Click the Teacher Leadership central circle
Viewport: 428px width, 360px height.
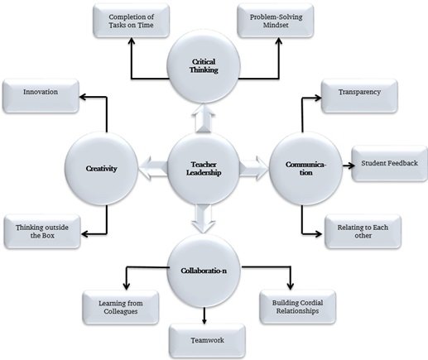click(204, 169)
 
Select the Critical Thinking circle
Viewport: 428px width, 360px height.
click(204, 66)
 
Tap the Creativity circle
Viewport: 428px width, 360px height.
click(101, 169)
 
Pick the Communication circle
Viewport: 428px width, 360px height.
click(305, 169)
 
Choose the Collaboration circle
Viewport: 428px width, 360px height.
click(204, 271)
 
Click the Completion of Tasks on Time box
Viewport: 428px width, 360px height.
click(131, 21)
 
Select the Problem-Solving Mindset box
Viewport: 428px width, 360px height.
click(276, 21)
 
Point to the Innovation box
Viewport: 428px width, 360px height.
click(41, 96)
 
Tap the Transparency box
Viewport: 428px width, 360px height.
click(359, 96)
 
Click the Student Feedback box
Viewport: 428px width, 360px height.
click(389, 164)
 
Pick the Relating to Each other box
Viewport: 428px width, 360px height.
click(363, 232)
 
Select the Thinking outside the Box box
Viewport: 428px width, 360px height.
click(42, 232)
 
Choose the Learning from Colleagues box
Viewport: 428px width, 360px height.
click(121, 307)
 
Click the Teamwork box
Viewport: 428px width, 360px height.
click(207, 341)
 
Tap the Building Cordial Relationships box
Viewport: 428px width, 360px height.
click(298, 307)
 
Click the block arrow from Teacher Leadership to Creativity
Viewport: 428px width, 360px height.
click(153, 168)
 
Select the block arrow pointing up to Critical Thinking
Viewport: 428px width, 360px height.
click(204, 118)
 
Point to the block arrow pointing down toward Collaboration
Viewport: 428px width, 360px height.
click(204, 218)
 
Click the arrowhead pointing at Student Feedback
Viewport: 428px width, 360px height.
click(351, 166)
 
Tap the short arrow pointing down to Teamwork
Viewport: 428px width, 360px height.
click(204, 315)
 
